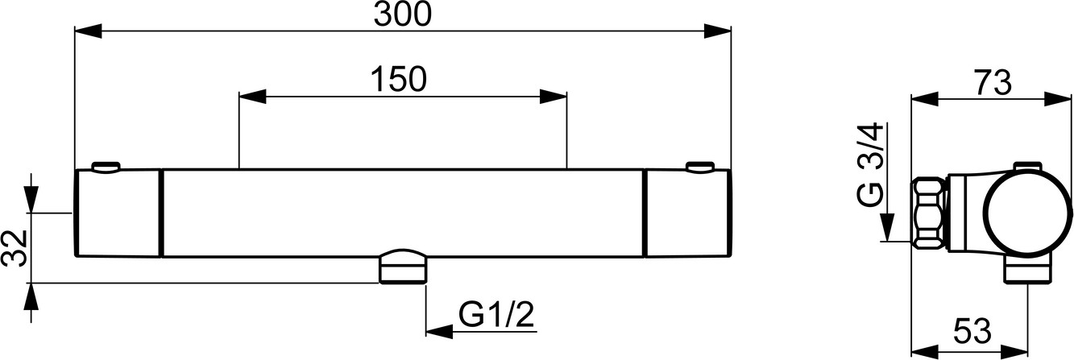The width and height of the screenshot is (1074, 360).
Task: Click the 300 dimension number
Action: click(x=403, y=14)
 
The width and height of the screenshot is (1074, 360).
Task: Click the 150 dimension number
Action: click(x=399, y=79)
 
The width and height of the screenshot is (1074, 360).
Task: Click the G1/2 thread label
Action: click(x=496, y=314)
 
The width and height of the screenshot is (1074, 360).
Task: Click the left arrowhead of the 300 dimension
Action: click(x=89, y=32)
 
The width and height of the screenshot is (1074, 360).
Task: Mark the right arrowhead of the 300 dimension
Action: click(x=717, y=32)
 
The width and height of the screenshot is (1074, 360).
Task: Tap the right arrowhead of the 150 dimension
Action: click(x=554, y=97)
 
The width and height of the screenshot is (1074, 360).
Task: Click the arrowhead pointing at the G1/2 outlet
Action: click(x=440, y=331)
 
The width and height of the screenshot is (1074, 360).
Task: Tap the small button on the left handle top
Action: click(x=105, y=167)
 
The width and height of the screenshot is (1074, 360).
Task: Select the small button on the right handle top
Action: click(x=700, y=167)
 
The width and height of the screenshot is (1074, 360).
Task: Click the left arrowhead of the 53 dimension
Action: click(x=925, y=351)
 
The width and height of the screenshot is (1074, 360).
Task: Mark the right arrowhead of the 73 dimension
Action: click(x=1058, y=100)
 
